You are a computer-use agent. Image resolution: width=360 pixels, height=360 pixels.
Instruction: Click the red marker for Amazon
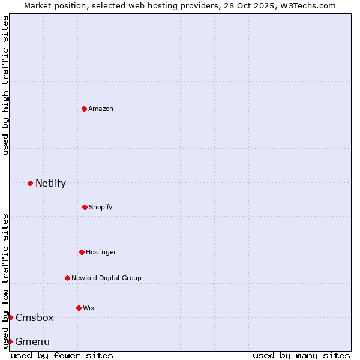pos(84,109)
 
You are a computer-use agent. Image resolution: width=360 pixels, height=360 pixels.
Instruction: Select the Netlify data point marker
pos(30,183)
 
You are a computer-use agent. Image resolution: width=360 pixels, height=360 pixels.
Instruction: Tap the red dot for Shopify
pos(85,207)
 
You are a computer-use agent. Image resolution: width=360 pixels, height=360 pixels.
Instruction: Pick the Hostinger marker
pos(82,252)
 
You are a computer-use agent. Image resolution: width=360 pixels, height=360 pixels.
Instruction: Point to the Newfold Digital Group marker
pos(67,278)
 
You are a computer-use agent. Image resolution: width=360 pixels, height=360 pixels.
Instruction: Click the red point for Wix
pos(79,308)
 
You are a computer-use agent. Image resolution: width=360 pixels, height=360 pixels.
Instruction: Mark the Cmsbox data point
pos(10,317)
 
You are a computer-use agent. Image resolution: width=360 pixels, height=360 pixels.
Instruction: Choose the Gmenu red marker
pos(10,341)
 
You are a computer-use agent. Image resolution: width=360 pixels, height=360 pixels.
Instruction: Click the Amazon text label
pos(101,109)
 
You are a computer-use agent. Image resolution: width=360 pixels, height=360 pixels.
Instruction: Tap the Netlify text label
pos(50,183)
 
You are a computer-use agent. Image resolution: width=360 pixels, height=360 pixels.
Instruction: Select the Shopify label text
pos(101,207)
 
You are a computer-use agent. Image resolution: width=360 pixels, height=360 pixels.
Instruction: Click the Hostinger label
pos(101,252)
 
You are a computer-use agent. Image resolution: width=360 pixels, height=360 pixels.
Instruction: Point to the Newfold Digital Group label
pos(106,278)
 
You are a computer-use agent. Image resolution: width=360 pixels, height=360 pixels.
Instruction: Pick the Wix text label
pos(89,308)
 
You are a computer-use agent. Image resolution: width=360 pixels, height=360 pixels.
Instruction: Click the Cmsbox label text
pos(34,317)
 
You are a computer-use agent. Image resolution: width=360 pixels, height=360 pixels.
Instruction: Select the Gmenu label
pos(32,341)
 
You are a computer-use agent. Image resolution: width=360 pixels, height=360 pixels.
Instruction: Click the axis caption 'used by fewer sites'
pos(62,355)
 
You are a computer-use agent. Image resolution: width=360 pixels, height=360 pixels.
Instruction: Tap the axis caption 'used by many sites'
pos(301,355)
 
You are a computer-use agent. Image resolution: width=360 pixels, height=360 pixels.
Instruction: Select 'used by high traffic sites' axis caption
pos(5,85)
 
